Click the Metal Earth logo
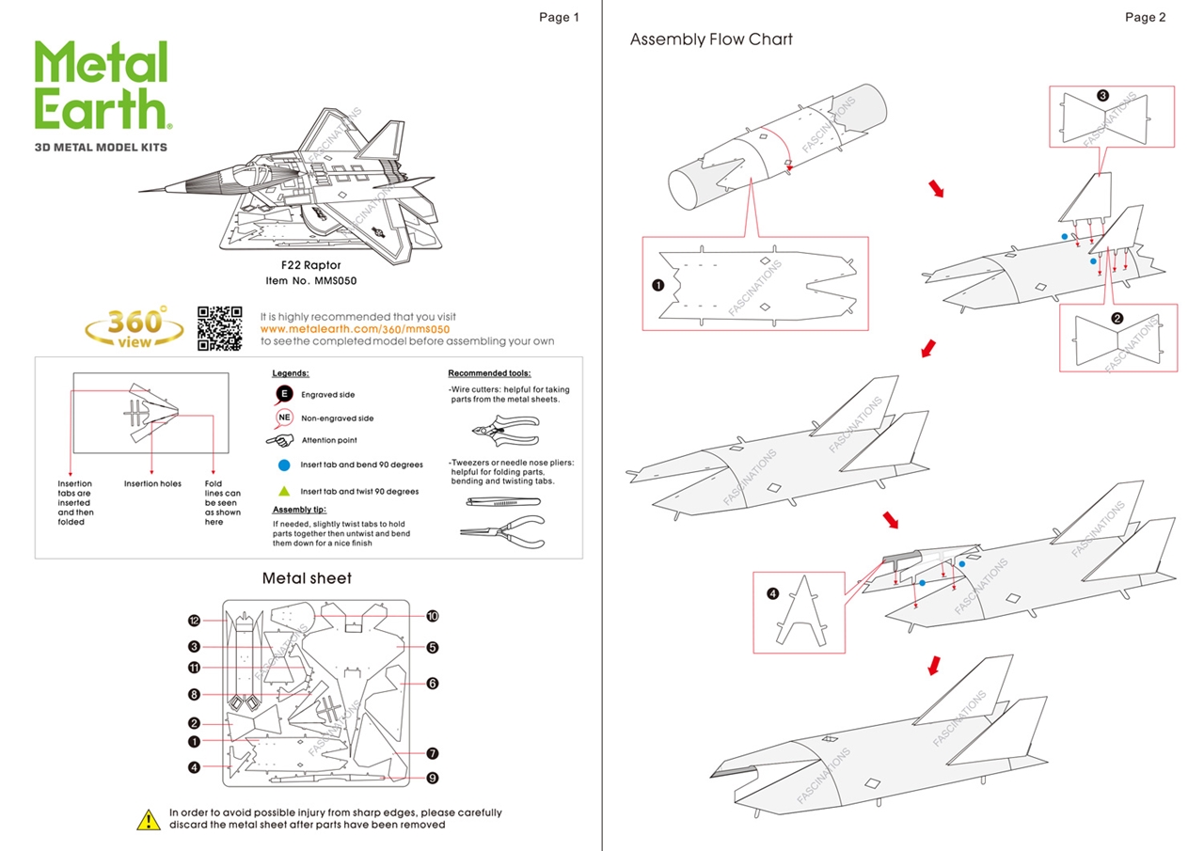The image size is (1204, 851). pos(102,86)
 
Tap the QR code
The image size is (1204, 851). pos(220,329)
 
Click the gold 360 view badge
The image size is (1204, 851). pos(135,327)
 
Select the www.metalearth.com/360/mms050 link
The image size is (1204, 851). pos(355,329)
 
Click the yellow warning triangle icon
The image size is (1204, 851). pos(149,819)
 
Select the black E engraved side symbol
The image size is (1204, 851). pos(284,394)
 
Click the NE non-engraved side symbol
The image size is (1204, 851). pos(284,418)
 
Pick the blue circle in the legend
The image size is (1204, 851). pos(284,465)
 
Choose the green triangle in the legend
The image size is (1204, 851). pos(284,491)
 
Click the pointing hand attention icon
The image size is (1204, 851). pos(280,440)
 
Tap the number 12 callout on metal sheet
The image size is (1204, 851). pos(194,621)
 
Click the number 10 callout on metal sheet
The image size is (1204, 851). pos(433,616)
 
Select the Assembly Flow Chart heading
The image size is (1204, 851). pos(711,39)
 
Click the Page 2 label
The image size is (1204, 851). pos(1145,17)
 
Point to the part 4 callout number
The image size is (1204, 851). pos(772,593)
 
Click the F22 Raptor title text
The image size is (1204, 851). pos(311,265)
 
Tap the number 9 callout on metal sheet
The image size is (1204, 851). pos(433,778)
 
